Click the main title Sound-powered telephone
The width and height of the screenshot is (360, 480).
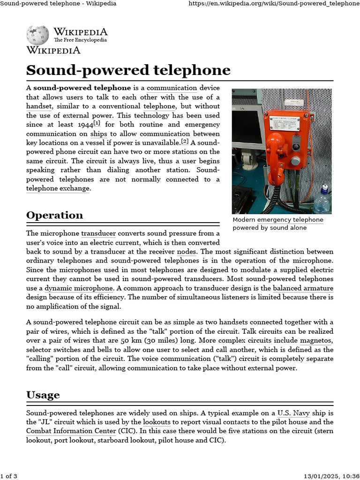pyautogui.click(x=128, y=70)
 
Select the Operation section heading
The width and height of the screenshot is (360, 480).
pyautogui.click(x=54, y=215)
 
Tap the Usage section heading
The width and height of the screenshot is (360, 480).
pyautogui.click(x=43, y=395)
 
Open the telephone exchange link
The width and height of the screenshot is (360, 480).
pyautogui.click(x=58, y=188)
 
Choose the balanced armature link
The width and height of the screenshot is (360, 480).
pyautogui.click(x=303, y=288)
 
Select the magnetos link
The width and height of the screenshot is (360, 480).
pyautogui.click(x=316, y=340)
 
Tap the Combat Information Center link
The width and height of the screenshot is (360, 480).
pyautogui.click(x=71, y=431)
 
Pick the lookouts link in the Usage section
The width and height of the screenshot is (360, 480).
pyautogui.click(x=157, y=422)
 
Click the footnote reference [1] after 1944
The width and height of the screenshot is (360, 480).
pyautogui.click(x=97, y=123)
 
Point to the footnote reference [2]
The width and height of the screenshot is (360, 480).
pyautogui.click(x=185, y=142)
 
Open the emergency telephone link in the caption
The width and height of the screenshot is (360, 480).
pyautogui.click(x=290, y=220)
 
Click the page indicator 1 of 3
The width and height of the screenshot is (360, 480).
pyautogui.click(x=9, y=476)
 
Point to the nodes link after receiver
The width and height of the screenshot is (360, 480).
pyautogui.click(x=186, y=251)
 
